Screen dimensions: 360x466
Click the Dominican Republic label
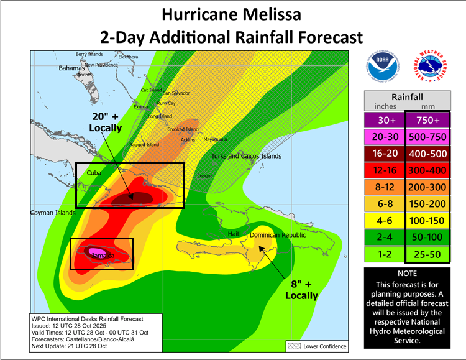pos(278,235)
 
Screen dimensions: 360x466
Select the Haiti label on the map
pos(234,233)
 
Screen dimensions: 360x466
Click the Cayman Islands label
pos(53,213)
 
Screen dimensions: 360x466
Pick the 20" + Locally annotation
pos(105,122)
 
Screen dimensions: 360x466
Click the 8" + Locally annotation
pos(301,290)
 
